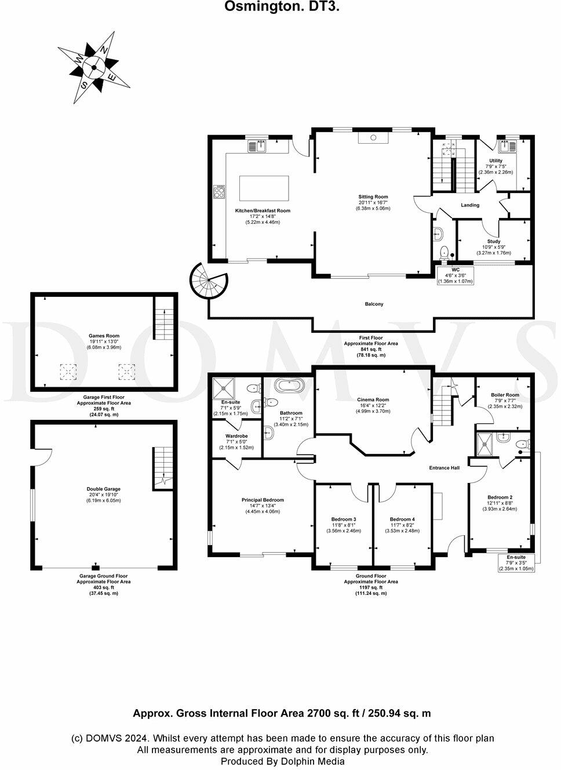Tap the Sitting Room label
(x=373, y=197)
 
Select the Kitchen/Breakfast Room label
(x=263, y=211)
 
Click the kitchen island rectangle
(x=264, y=188)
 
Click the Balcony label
(x=374, y=304)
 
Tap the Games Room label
(x=104, y=336)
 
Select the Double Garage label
(x=104, y=489)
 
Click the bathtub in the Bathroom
(x=287, y=386)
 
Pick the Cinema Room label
(x=373, y=400)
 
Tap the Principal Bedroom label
(x=263, y=500)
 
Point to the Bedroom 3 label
(x=344, y=520)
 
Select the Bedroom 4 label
(x=402, y=520)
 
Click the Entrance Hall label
(x=444, y=468)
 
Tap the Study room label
(x=494, y=242)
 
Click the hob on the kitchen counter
(x=220, y=191)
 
